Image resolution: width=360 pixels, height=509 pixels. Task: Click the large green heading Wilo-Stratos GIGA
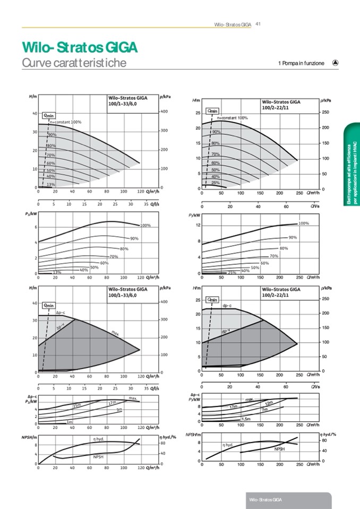[x=80, y=48]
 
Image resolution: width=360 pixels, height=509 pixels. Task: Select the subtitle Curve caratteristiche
[x=74, y=63]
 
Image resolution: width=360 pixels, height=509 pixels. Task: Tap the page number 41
[x=257, y=23]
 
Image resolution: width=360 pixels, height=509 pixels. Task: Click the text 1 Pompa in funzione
[x=301, y=63]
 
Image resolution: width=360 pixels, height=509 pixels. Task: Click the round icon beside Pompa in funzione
[x=335, y=63]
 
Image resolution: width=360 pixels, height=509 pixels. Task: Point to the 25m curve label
[x=76, y=406]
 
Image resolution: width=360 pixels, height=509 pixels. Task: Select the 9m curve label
[x=119, y=409]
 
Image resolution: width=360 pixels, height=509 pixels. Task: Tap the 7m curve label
[x=264, y=410]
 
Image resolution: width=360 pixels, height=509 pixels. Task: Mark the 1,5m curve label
[x=246, y=419]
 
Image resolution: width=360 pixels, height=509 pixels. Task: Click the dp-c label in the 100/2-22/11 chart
[x=227, y=306]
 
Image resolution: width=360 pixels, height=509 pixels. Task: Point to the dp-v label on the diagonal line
[x=226, y=331]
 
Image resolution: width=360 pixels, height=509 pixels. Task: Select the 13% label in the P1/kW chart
[x=56, y=272]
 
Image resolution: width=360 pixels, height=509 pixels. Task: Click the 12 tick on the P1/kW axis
[x=198, y=225]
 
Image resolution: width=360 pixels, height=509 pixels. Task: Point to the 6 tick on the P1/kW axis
[x=35, y=228]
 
